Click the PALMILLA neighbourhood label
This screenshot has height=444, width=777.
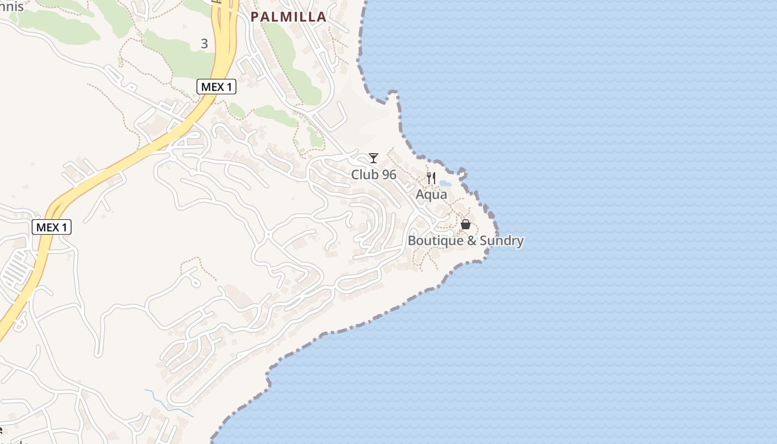click(x=288, y=17)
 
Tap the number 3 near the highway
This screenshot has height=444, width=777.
click(x=204, y=43)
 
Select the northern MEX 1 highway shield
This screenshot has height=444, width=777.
click(x=216, y=87)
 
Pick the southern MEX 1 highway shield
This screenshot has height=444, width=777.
click(x=52, y=227)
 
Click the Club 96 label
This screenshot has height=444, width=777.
click(x=374, y=175)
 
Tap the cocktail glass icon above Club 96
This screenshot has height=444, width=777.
click(x=374, y=158)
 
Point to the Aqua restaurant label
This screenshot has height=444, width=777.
click(x=431, y=194)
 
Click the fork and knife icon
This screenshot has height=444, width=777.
click(x=431, y=178)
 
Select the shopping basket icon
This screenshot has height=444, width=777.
click(x=466, y=224)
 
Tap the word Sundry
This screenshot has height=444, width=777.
click(x=502, y=241)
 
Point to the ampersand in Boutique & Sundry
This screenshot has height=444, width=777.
click(x=470, y=241)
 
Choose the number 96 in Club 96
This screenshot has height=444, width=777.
click(x=389, y=175)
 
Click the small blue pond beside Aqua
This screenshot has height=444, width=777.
click(x=445, y=183)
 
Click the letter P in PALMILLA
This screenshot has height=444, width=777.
click(x=255, y=17)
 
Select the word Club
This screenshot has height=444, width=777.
click(x=365, y=175)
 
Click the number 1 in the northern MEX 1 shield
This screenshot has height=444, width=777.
click(x=229, y=87)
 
